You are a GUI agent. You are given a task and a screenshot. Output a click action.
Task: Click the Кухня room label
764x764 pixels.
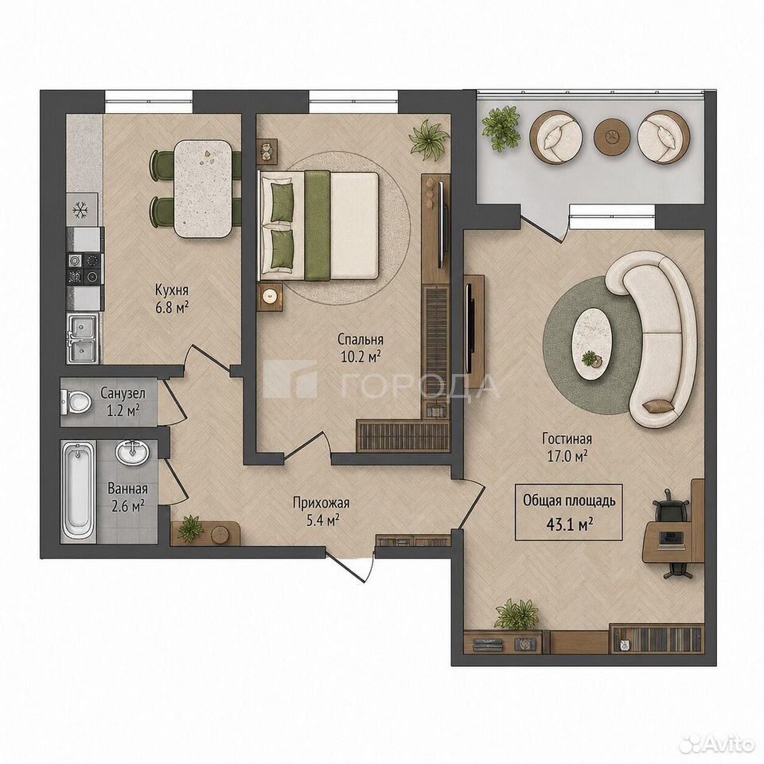pyautogui.click(x=172, y=290)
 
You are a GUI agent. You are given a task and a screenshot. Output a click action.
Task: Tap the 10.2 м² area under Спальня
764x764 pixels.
pyautogui.click(x=360, y=357)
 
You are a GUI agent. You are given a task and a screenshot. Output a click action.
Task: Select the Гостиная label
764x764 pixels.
pyautogui.click(x=567, y=439)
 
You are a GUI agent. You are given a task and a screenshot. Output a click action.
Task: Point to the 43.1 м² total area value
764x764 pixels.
pyautogui.click(x=569, y=524)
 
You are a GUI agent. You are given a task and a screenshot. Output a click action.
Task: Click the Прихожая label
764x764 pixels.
pyautogui.click(x=321, y=502)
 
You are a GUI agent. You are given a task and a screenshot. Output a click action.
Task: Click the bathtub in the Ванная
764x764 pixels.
pyautogui.click(x=79, y=491)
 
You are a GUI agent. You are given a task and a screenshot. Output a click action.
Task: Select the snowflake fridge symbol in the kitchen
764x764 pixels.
pyautogui.click(x=79, y=210)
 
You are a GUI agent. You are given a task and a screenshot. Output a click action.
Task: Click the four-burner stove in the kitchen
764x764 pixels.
pyautogui.click(x=85, y=269)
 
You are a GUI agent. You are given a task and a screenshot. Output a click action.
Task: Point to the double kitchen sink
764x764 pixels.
pyautogui.click(x=82, y=337)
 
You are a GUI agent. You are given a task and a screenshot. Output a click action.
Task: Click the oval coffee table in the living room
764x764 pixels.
pyautogui.click(x=592, y=345)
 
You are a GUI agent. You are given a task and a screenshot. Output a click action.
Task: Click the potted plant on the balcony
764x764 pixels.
pyautogui.click(x=501, y=127)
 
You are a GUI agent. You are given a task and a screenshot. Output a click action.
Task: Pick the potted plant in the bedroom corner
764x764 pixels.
pyautogui.click(x=429, y=138)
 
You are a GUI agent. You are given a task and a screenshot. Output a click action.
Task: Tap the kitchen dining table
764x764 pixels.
pyautogui.click(x=204, y=189)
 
